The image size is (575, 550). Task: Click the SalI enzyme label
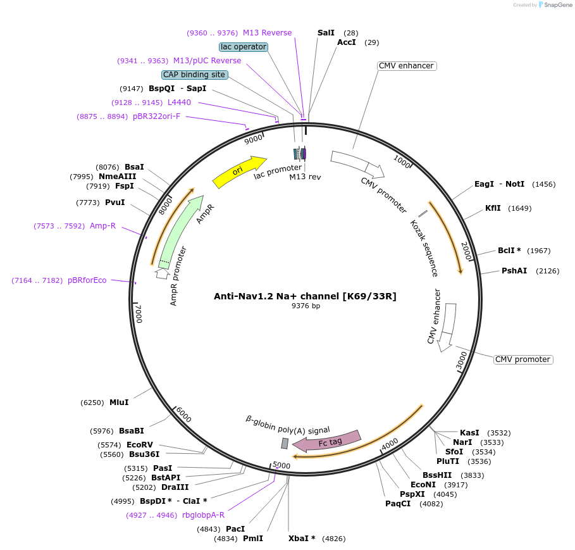coord(326,32)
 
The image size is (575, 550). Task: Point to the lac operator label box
coord(244,47)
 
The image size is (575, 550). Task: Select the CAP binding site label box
coord(194,75)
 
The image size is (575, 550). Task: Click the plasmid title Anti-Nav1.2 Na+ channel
coord(305,296)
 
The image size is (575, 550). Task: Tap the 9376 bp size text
coord(306,306)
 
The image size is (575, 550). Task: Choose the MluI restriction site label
coord(119,403)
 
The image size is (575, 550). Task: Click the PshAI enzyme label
coord(514,271)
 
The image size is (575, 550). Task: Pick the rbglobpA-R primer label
coord(203,515)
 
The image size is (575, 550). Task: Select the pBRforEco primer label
coord(87,280)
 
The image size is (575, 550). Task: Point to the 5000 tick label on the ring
coord(281,466)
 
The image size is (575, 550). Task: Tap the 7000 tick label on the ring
coord(139,313)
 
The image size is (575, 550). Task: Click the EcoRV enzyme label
coord(140,445)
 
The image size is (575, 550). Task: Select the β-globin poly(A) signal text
coord(288,423)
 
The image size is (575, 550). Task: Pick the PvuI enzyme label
coord(114,203)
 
